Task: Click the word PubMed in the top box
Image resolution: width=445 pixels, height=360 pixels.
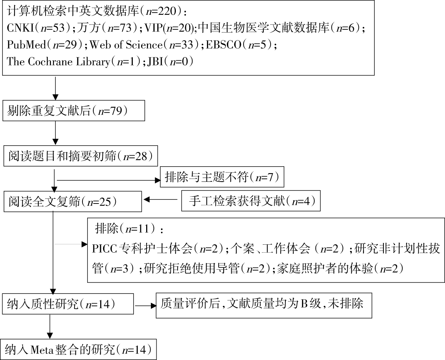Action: click(x=26, y=45)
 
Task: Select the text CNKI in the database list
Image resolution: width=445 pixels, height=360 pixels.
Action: click(x=20, y=28)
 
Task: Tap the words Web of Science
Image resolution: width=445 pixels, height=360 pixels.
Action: click(x=126, y=45)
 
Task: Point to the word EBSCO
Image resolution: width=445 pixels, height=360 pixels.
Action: click(x=224, y=45)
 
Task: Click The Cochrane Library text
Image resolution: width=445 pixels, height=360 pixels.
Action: click(x=58, y=61)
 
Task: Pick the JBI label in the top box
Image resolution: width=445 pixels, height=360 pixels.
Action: click(x=155, y=61)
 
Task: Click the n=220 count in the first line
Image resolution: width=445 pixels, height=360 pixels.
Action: click(x=161, y=11)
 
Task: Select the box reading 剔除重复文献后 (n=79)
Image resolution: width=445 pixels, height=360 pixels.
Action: click(x=74, y=111)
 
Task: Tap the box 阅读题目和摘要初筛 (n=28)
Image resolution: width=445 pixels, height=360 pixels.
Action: click(x=81, y=156)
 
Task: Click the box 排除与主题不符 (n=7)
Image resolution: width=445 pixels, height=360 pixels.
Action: click(x=222, y=177)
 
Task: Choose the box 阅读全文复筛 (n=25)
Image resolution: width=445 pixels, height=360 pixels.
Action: click(x=73, y=201)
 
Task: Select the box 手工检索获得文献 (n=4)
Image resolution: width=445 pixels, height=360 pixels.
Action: click(x=251, y=201)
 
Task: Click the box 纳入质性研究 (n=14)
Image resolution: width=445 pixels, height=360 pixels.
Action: click(x=68, y=304)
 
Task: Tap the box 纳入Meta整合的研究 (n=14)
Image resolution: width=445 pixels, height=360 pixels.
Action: click(x=78, y=350)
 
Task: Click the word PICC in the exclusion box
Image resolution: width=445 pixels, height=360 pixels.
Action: click(x=104, y=249)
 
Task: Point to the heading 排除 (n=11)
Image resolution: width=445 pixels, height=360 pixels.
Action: click(x=129, y=228)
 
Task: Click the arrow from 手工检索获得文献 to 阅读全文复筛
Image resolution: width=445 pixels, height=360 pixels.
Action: click(x=160, y=200)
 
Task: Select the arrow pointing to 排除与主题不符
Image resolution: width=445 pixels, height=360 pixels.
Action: click(x=109, y=180)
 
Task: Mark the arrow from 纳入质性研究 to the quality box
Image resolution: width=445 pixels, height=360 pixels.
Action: click(x=145, y=306)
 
